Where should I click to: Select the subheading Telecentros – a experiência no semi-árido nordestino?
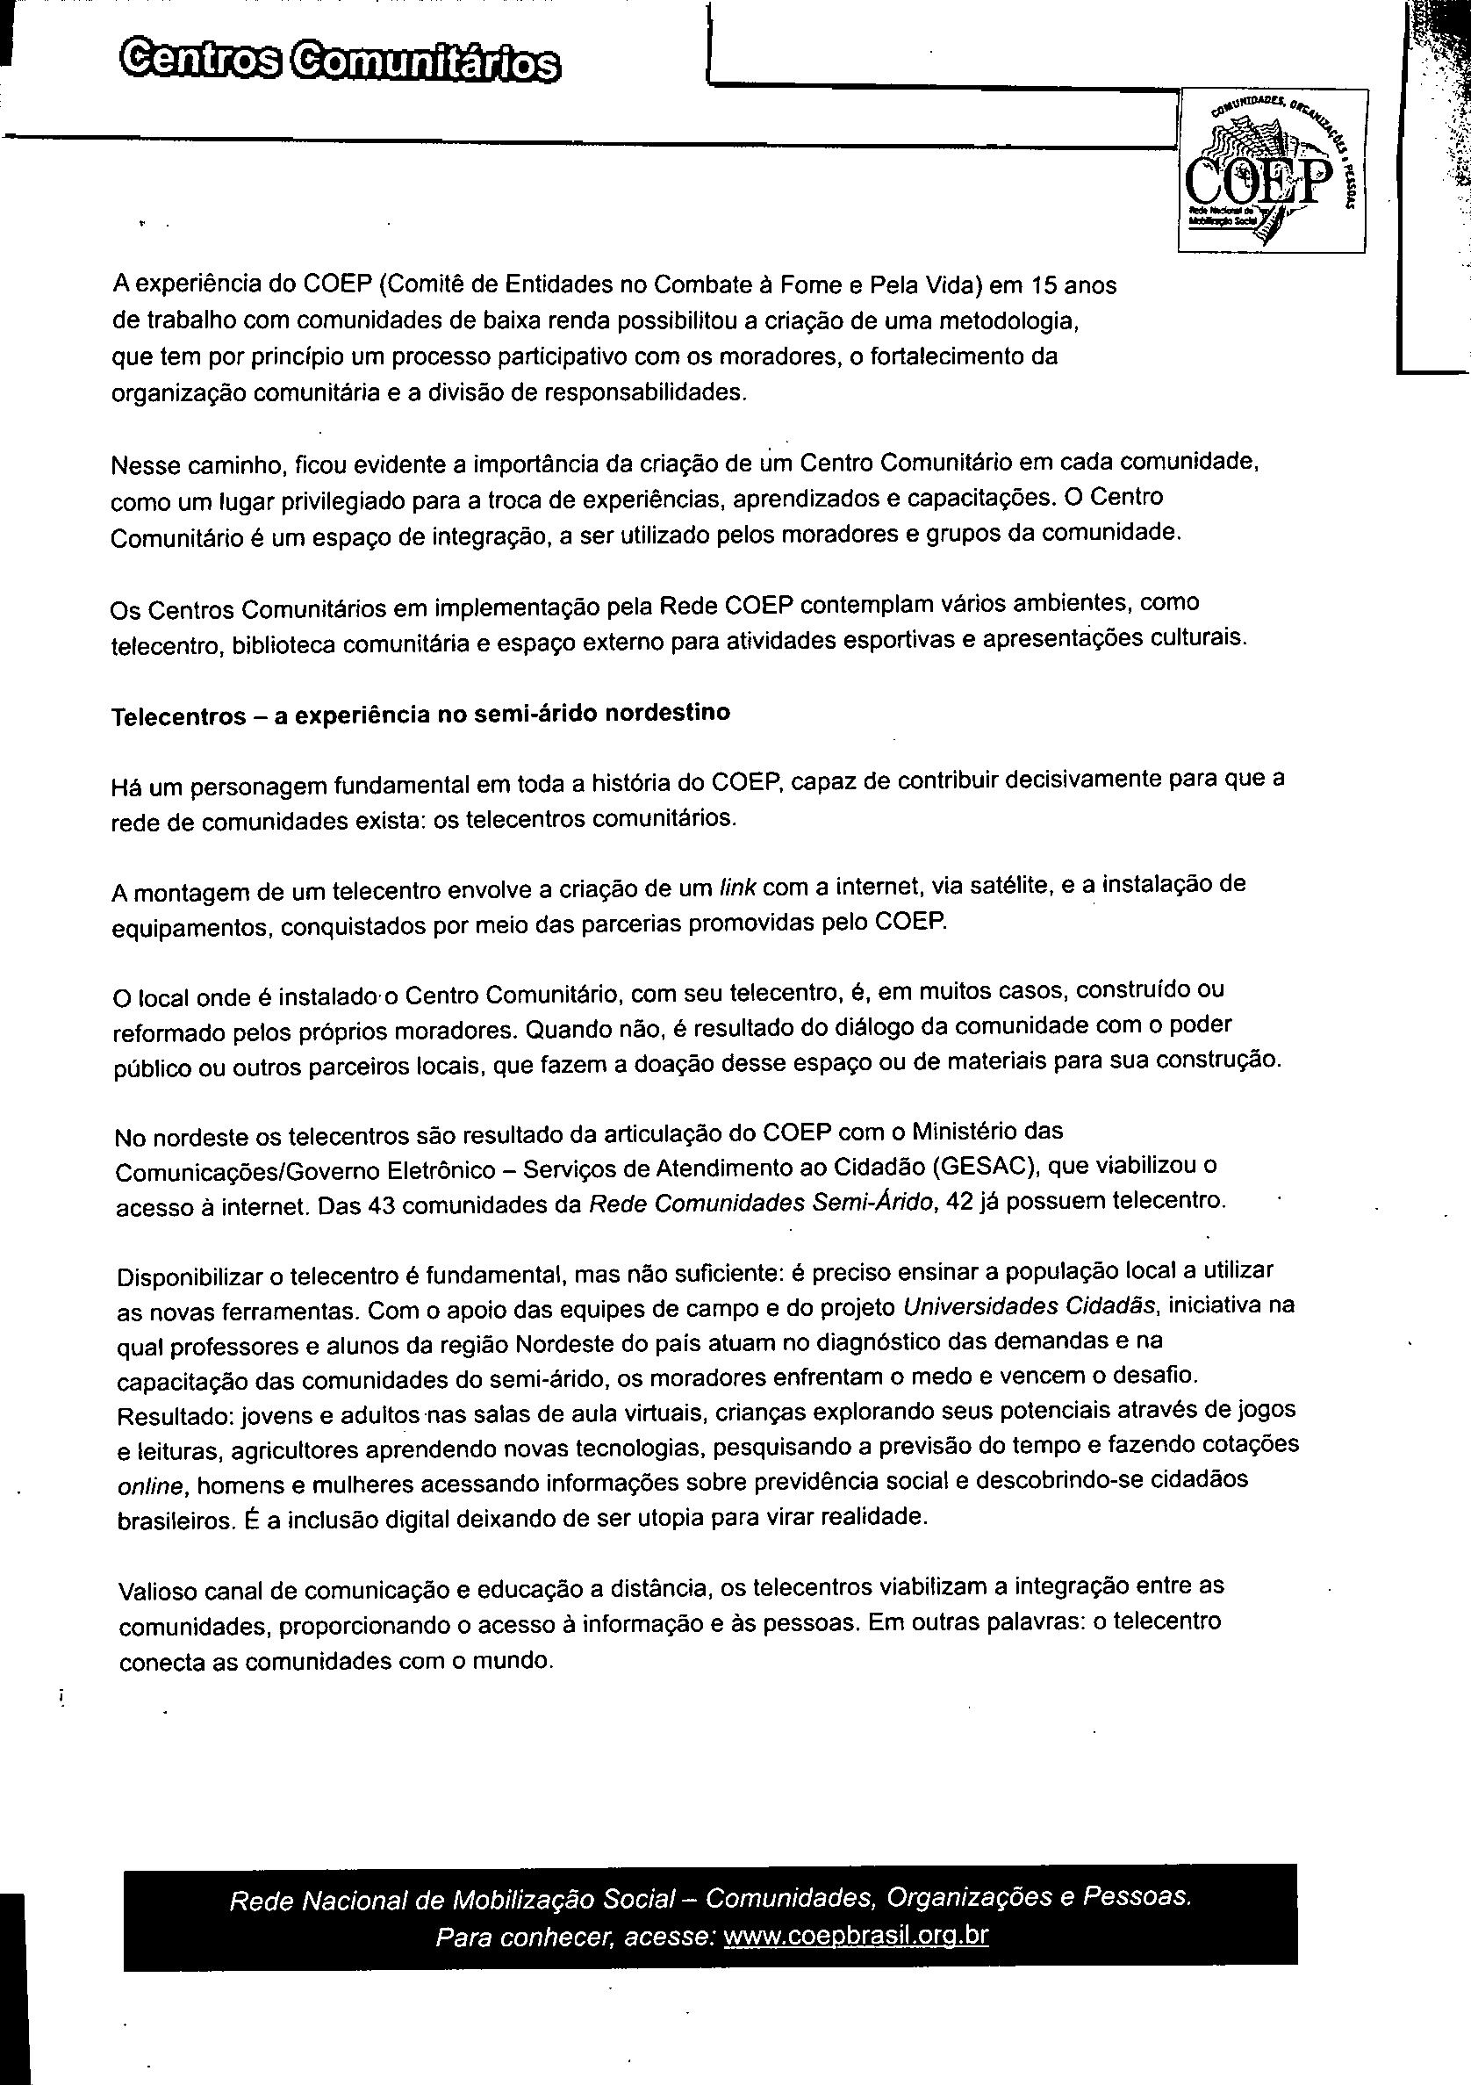[x=420, y=715]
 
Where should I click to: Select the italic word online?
[x=152, y=1486]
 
